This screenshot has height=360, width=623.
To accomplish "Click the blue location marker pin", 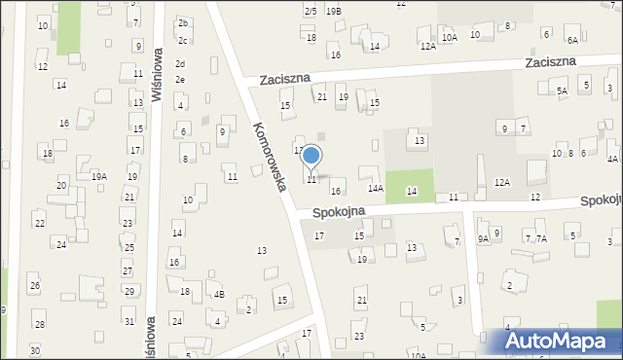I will pyautogui.click(x=311, y=156).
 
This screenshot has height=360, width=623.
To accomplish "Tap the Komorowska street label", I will pyautogui.click(x=268, y=156).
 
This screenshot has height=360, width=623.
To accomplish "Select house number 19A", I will pyautogui.click(x=99, y=176).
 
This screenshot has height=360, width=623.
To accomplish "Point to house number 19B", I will pyautogui.click(x=334, y=11).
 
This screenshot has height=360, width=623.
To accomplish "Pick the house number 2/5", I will pyautogui.click(x=311, y=11).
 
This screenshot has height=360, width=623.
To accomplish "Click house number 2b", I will pyautogui.click(x=182, y=22).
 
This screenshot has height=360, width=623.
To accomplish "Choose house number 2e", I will pyautogui.click(x=180, y=79).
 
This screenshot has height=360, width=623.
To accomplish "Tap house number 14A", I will pyautogui.click(x=376, y=189).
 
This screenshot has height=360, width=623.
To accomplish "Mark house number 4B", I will pyautogui.click(x=219, y=295).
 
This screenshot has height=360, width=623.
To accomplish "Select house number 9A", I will pyautogui.click(x=483, y=239).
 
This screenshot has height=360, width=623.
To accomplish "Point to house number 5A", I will pyautogui.click(x=562, y=90).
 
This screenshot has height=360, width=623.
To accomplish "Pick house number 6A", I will pyautogui.click(x=572, y=40).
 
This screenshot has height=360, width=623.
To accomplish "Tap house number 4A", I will pyautogui.click(x=612, y=159).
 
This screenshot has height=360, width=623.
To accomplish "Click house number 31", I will pyautogui.click(x=128, y=321).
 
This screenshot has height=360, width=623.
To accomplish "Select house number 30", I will pyautogui.click(x=35, y=350).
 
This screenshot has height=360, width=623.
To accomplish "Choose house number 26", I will pyautogui.click(x=34, y=286).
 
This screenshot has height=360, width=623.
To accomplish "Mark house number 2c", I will pyautogui.click(x=182, y=41).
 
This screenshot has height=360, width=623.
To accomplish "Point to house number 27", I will pyautogui.click(x=128, y=271).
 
